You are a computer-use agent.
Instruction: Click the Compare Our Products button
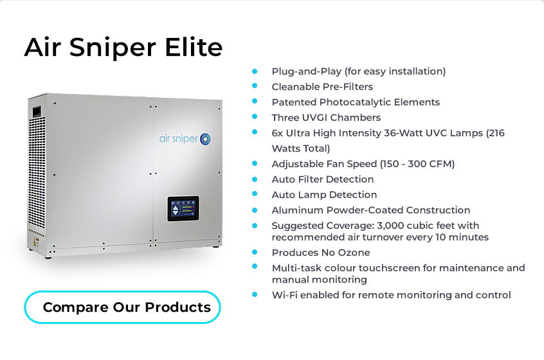122,307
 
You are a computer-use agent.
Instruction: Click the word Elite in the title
194,47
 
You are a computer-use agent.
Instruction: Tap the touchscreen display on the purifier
183,208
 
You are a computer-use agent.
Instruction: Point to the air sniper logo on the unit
185,139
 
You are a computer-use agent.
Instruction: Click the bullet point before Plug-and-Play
255,71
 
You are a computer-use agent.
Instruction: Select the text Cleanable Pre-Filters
322,87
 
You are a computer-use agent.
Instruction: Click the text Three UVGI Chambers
326,118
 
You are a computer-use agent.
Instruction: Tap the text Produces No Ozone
321,253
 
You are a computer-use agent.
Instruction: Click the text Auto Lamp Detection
324,195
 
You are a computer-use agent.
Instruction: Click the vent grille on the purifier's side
37,172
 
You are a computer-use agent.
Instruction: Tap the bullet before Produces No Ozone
255,252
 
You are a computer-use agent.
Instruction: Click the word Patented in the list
295,102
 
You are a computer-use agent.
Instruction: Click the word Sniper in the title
113,48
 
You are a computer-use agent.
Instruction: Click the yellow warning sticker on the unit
35,242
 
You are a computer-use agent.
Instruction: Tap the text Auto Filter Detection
323,179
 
